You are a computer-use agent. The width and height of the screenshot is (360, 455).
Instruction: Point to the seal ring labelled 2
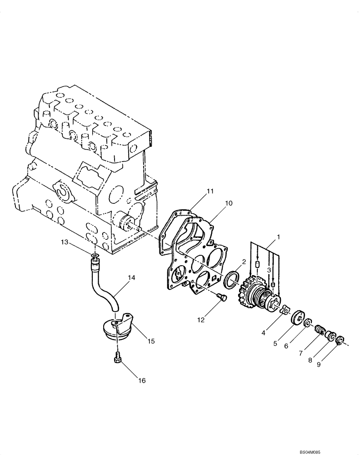233,279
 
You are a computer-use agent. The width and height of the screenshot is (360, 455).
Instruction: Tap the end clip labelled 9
341,340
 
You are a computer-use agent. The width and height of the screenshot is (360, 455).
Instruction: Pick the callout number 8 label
310,360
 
